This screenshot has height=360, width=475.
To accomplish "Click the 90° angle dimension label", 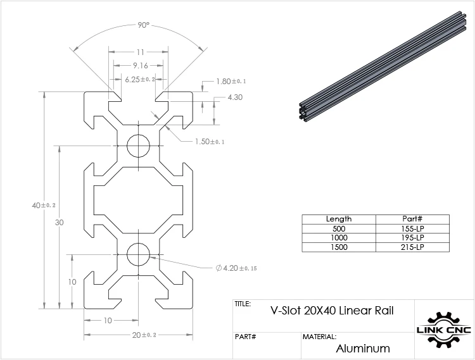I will coord(144,25).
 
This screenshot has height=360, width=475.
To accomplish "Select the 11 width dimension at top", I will coord(140,53).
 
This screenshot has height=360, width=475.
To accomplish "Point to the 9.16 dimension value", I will coord(140,65).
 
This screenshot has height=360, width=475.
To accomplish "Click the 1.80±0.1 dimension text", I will coord(231,81).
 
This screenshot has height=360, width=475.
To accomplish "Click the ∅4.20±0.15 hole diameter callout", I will coord(236,268).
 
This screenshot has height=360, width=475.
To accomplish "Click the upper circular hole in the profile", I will coord(139,146).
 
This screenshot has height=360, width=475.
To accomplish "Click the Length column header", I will coord(338,219).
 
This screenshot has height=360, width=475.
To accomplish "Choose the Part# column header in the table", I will coord(412,219).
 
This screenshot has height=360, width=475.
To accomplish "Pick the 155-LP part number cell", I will coord(412,228).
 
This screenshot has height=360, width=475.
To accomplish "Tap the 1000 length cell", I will coord(338,237).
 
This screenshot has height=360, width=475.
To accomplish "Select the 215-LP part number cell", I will coord(412,247).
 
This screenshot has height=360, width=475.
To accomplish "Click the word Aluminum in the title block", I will coord(363,348).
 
